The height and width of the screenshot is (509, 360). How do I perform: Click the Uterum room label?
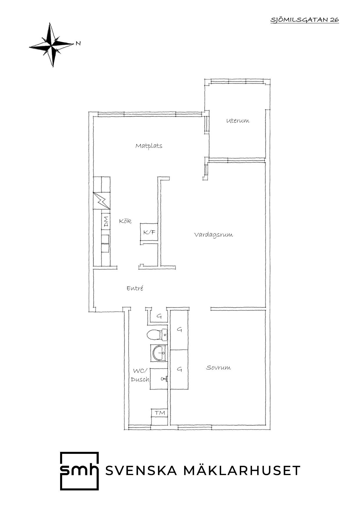click(238, 121)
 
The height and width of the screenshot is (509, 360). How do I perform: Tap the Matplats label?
click(149, 146)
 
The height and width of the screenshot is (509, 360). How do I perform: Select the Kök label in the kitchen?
click(125, 221)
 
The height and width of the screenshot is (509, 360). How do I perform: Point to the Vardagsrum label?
click(214, 235)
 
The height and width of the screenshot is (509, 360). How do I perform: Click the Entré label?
click(135, 288)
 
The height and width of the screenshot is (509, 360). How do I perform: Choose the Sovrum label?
click(219, 367)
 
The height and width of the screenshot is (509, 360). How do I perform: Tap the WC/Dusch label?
click(140, 375)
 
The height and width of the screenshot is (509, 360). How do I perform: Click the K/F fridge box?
click(149, 232)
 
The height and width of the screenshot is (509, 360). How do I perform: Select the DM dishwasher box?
click(106, 221)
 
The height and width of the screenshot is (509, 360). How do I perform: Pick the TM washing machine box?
click(160, 413)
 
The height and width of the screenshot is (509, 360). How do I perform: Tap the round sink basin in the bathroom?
click(159, 353)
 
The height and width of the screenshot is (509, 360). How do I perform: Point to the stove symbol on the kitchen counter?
click(102, 201)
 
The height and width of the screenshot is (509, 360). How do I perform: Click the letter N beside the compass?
click(78, 44)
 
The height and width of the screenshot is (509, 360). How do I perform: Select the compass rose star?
click(51, 45)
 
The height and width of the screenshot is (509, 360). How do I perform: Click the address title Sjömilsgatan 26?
click(305, 20)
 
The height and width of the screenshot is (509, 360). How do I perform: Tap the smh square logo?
click(79, 471)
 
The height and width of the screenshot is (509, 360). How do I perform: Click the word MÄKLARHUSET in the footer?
click(242, 470)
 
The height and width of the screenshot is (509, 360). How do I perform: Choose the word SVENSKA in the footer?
click(141, 471)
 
